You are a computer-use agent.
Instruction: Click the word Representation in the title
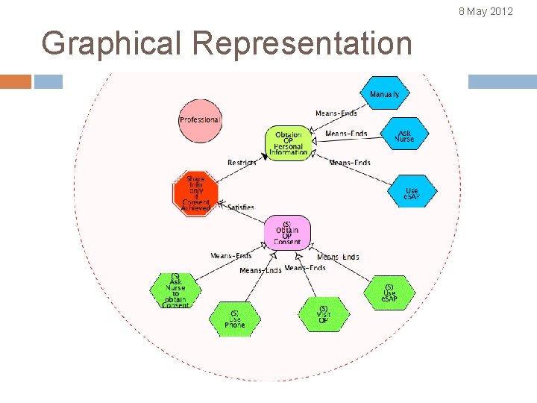pos(301,43)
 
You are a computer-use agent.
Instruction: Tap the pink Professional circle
pos(200,120)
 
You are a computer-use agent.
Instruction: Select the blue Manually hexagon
pos(384,94)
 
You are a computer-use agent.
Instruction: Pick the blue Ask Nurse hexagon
pos(403,135)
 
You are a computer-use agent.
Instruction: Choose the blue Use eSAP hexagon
pos(412,192)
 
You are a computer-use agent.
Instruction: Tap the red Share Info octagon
pos(195,193)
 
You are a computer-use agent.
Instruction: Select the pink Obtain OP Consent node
pos(286,233)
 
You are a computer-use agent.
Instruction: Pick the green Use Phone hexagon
pos(234,319)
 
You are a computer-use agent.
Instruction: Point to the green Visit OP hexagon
pos(323,315)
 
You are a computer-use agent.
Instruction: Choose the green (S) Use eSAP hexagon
pos(389,293)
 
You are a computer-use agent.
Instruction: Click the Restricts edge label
pos(242,163)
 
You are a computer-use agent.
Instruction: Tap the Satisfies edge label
pos(240,207)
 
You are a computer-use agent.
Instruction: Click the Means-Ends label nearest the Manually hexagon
pos(336,113)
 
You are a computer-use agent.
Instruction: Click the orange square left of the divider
pos(16,81)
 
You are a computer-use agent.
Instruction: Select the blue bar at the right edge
pos(502,81)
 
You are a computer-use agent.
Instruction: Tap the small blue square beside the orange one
pos(48,81)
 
